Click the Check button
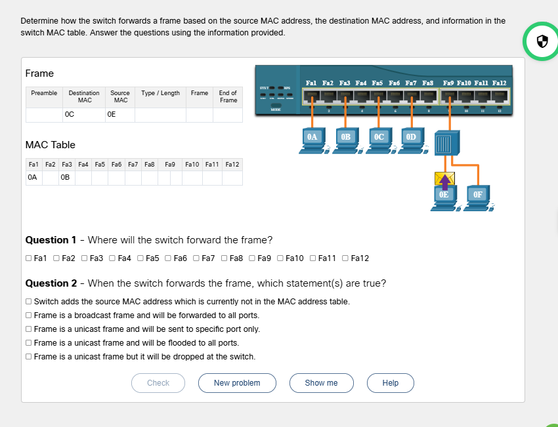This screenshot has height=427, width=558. [x=158, y=383]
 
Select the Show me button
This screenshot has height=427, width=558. [x=321, y=383]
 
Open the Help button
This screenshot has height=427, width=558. [x=390, y=383]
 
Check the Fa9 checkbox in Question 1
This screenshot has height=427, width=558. [x=252, y=258]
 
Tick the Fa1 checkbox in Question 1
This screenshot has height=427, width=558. [x=28, y=258]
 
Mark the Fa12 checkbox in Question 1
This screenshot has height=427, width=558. [x=345, y=258]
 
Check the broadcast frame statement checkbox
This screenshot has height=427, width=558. [x=28, y=315]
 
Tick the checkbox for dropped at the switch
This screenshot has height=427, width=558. [x=28, y=357]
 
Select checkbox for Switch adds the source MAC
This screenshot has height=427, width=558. [x=28, y=302]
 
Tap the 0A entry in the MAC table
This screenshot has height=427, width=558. [x=33, y=177]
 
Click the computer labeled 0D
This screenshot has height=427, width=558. [x=411, y=138]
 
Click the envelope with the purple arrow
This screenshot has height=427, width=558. [x=444, y=178]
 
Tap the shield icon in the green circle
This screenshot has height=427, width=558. [x=542, y=42]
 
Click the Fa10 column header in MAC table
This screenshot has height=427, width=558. [x=192, y=163]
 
